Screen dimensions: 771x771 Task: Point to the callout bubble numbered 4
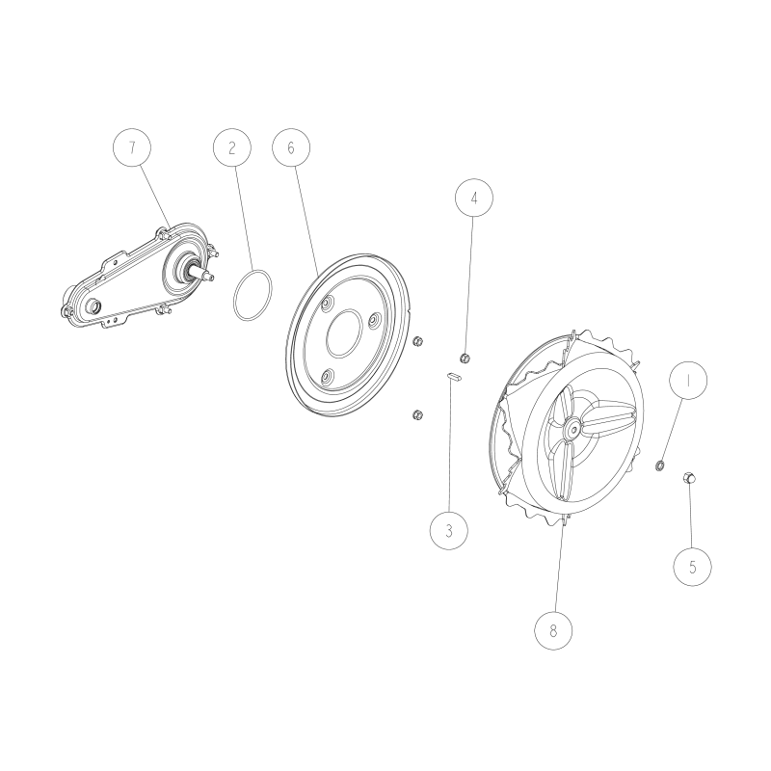tap(473, 199)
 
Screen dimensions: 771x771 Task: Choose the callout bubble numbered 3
tap(448, 529)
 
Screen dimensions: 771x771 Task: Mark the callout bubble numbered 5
tap(692, 566)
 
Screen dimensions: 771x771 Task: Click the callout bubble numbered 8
tap(553, 630)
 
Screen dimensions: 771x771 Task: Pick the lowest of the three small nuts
tap(417, 414)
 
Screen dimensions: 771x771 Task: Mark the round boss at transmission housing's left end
tap(94, 306)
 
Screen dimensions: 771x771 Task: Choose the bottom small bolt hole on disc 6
tap(327, 377)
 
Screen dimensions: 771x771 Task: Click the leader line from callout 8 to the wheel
tap(558, 569)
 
